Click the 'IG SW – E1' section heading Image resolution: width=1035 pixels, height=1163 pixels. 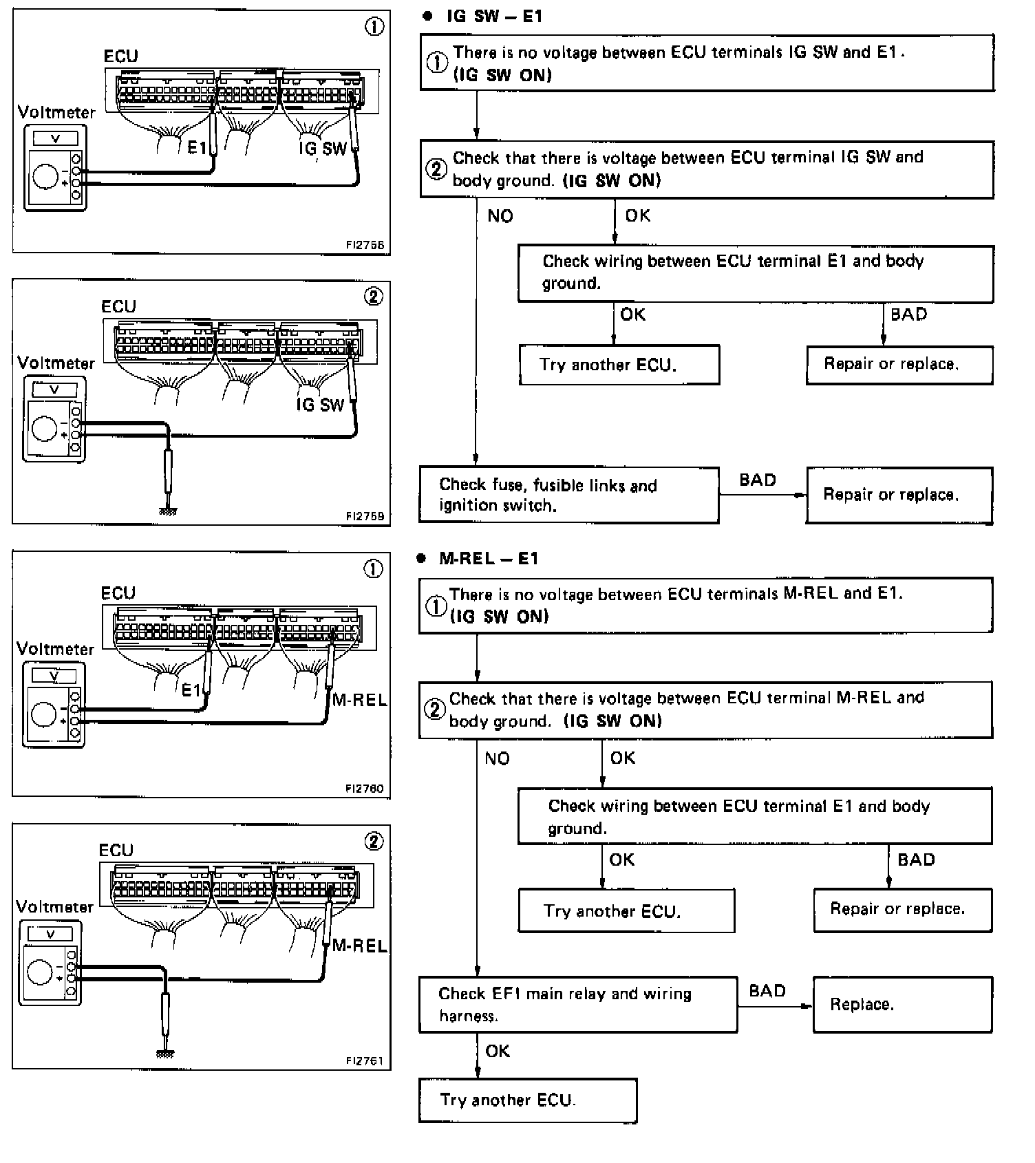point(494,16)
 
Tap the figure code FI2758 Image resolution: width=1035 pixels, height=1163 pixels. point(365,245)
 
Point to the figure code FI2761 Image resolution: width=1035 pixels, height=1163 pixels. point(365,1060)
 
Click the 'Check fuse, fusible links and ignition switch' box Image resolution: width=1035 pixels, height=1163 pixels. point(569,495)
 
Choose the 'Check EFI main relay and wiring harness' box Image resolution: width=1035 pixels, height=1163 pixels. point(578,1004)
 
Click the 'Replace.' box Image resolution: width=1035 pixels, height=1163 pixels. point(903,1004)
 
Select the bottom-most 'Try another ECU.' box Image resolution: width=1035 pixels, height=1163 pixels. point(528,1100)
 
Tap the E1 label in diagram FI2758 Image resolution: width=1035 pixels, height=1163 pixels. point(197,147)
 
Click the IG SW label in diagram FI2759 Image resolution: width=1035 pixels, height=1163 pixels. point(320,405)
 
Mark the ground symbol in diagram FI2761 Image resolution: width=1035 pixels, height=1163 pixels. point(165,1054)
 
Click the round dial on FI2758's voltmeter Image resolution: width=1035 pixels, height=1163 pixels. point(45,176)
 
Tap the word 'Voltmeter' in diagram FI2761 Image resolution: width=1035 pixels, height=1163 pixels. point(54,906)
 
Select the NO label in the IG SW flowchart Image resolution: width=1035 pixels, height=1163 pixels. point(500,216)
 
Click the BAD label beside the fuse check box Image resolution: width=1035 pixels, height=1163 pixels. point(758,480)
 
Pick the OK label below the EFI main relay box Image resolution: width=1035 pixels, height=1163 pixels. point(498,1051)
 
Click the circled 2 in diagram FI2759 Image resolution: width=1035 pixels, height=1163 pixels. point(373,297)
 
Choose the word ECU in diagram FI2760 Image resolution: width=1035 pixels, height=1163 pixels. point(118,593)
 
